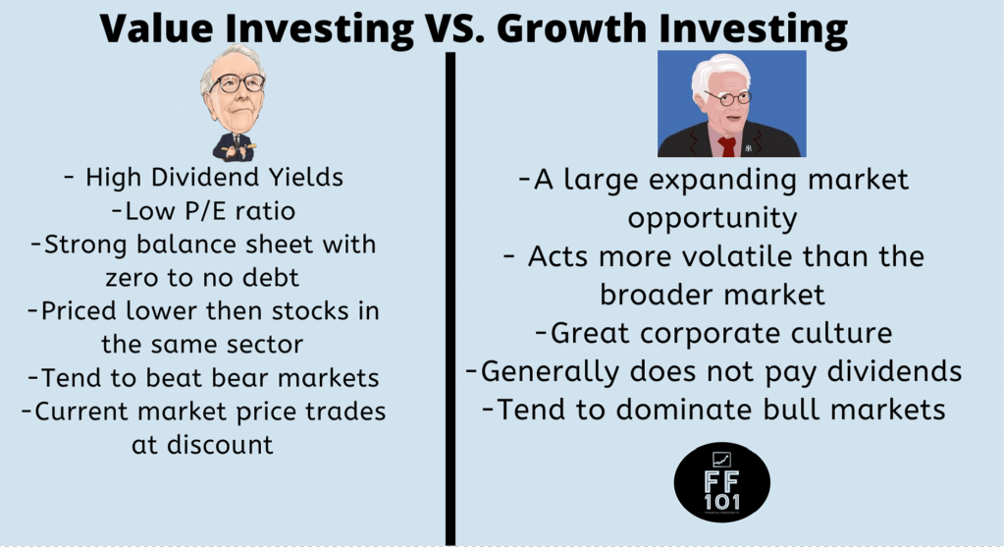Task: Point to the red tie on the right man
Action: [727, 146]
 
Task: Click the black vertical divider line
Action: [450, 295]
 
